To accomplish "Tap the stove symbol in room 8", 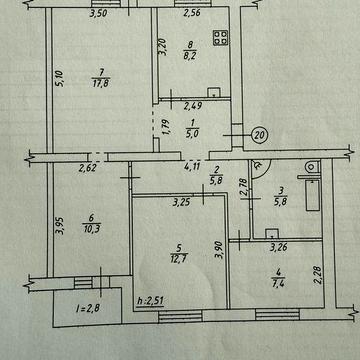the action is (220, 42).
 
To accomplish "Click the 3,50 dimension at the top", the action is (98, 14).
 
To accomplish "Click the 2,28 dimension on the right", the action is (319, 266).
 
